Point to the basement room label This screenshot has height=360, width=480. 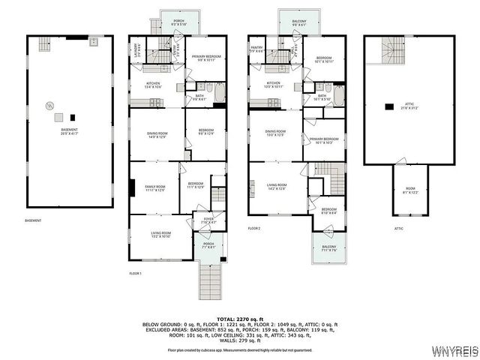coord(69,131)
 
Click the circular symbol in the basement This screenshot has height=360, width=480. coord(49,106)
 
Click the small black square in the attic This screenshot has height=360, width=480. coord(388,106)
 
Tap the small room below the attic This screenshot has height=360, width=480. coord(409,191)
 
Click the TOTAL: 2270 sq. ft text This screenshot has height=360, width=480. coord(239,319)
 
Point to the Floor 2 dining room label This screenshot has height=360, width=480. coord(275,133)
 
